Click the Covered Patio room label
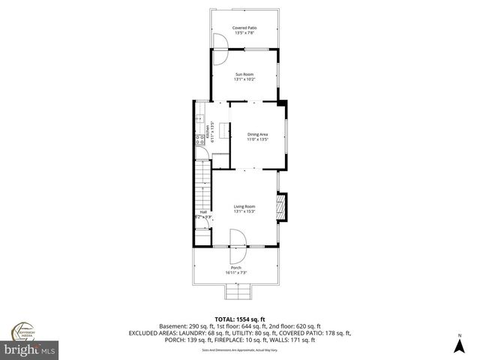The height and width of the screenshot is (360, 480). coord(244,27)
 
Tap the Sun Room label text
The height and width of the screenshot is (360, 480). coord(244,75)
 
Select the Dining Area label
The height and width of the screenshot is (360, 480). coord(257,134)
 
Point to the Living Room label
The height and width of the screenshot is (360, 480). coord(244,206)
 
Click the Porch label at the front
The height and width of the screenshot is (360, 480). coord(236,267)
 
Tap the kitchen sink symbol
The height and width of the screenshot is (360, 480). coord(199,118)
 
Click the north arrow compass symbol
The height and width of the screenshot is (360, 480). coord(459,343)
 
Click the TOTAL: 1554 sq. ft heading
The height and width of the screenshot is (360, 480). coord(241,319)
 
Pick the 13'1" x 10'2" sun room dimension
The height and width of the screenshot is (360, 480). coord(244,80)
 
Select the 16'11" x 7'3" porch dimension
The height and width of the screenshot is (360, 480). coord(236,272)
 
